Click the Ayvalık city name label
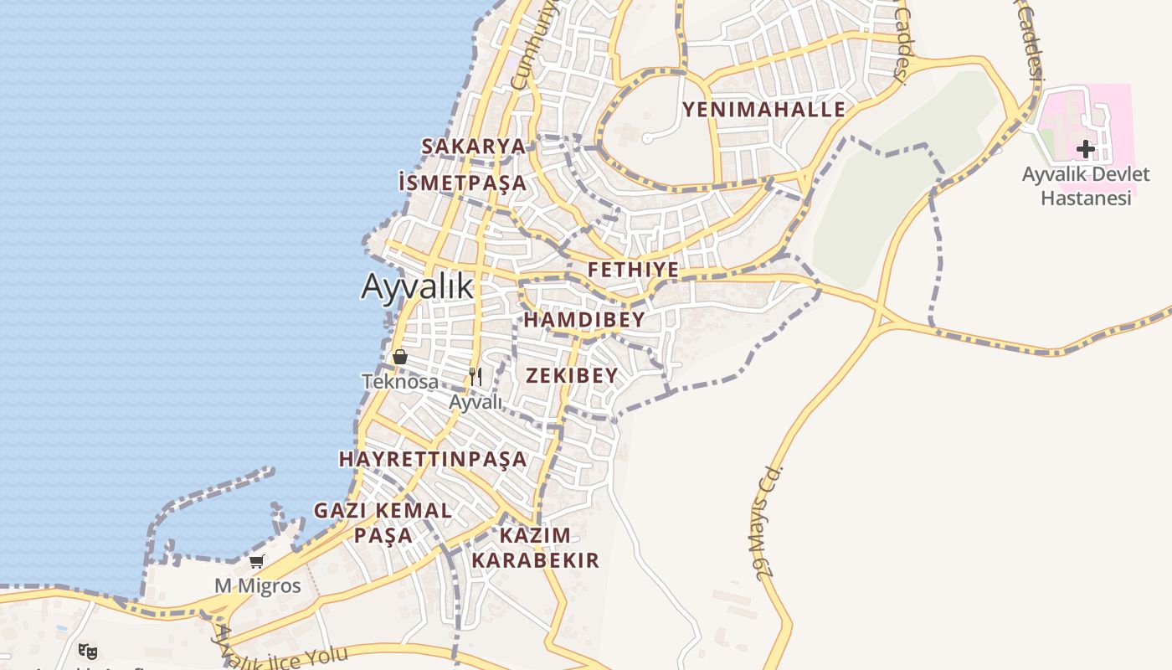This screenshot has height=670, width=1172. (417, 286)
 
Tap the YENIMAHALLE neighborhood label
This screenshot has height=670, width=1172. (763, 110)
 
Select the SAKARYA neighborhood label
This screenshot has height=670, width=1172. (473, 147)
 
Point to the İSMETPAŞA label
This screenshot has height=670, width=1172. (463, 183)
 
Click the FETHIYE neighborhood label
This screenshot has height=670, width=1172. (633, 270)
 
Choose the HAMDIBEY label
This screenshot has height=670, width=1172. (584, 320)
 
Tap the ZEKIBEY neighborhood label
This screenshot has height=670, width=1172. (572, 375)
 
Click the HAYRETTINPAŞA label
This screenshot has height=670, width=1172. (433, 459)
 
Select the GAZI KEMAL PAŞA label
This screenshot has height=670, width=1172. (383, 522)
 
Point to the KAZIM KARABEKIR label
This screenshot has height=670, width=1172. (535, 548)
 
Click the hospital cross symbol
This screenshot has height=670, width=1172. (1086, 149)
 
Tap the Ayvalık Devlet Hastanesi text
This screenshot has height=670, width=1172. (1086, 186)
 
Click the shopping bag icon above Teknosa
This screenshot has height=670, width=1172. (400, 357)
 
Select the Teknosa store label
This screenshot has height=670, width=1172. (400, 382)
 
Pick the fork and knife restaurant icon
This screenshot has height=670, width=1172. (475, 376)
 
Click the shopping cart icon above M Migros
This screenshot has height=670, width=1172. (257, 561)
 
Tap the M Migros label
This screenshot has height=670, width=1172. (257, 585)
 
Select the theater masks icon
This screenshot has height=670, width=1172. (88, 650)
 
